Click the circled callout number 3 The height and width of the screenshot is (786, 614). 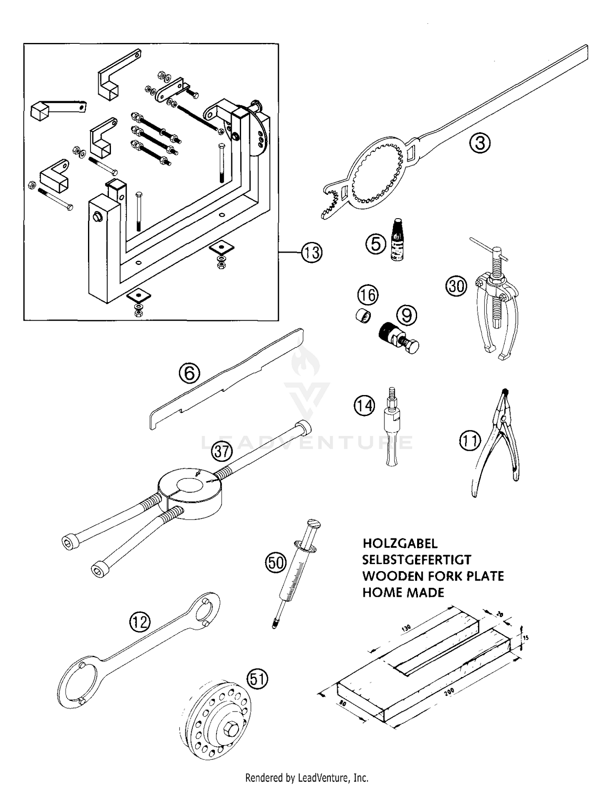click(480, 143)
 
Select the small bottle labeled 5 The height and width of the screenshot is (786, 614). click(396, 241)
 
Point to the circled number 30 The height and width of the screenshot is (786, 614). click(456, 285)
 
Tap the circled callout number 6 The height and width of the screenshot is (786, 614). click(190, 373)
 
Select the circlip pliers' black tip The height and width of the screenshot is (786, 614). click(505, 391)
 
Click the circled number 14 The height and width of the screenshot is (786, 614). click(364, 405)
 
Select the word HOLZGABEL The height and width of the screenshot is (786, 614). click(400, 543)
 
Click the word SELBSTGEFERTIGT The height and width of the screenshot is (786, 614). click(416, 560)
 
